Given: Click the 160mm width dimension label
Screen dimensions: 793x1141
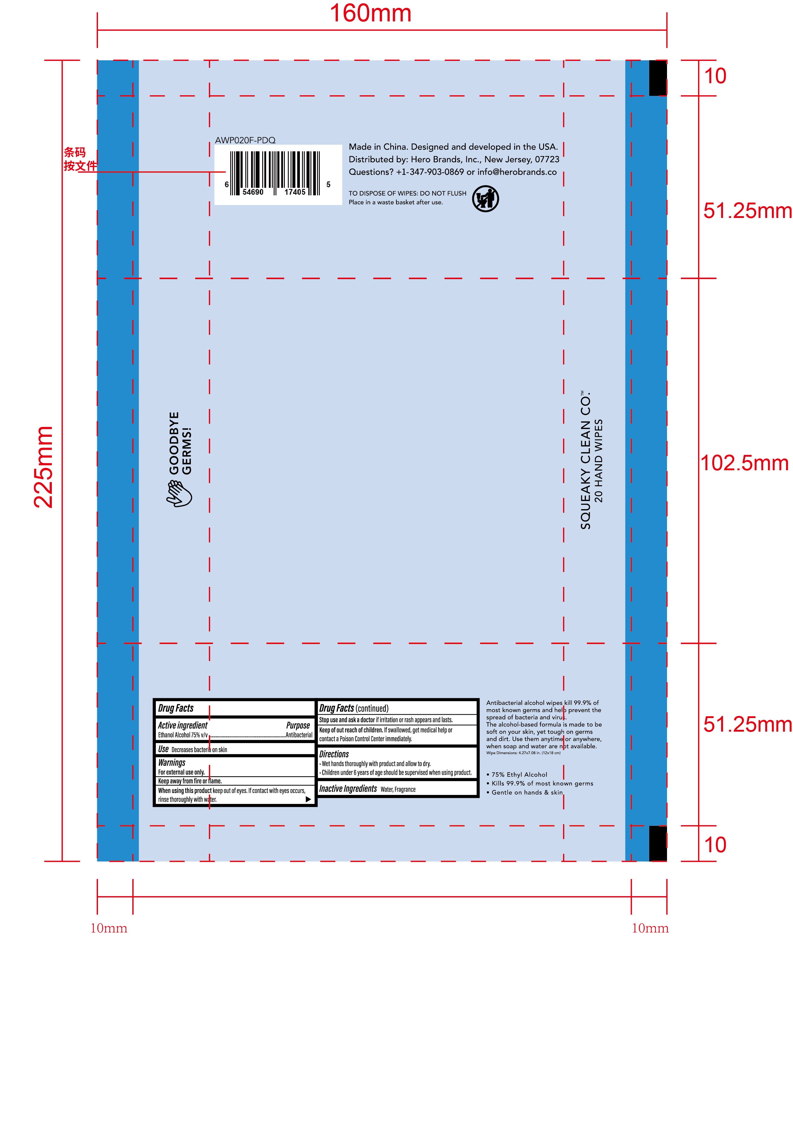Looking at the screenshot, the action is click(371, 14).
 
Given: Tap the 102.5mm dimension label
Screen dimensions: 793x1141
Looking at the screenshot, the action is click(744, 463).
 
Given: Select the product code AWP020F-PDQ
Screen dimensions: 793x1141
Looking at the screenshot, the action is click(245, 140).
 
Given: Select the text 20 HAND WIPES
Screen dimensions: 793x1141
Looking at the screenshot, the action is click(599, 460).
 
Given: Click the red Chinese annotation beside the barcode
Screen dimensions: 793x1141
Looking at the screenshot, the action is click(80, 159).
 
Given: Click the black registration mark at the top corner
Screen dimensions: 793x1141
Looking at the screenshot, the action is click(658, 78).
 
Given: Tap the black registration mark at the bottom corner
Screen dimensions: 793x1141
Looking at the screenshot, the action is click(658, 843).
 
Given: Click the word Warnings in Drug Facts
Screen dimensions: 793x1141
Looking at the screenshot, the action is click(172, 762).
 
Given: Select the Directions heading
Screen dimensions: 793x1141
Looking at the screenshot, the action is click(334, 754).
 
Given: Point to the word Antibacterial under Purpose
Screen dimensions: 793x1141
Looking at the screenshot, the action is click(299, 735).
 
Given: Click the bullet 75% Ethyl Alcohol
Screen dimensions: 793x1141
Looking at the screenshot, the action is click(517, 774).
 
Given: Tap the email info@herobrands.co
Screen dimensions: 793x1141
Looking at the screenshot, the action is click(517, 172).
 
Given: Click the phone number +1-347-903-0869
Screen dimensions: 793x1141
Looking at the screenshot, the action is click(430, 172).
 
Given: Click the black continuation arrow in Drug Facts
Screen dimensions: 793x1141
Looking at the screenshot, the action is click(308, 799).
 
